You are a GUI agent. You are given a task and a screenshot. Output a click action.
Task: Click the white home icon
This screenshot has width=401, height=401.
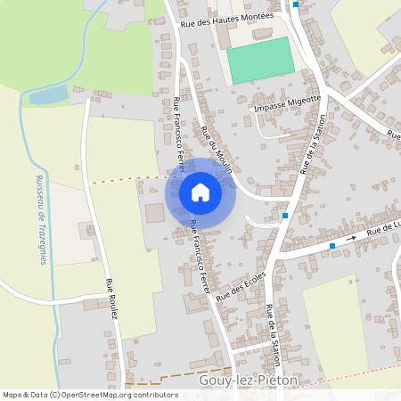[x=200, y=192]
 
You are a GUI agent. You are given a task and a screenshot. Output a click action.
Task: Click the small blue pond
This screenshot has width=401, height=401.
[x=49, y=95]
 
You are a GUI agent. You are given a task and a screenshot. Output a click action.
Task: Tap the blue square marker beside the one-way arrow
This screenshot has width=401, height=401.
[x=332, y=245]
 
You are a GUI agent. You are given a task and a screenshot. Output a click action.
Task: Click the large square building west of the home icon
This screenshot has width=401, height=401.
[x=155, y=213]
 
